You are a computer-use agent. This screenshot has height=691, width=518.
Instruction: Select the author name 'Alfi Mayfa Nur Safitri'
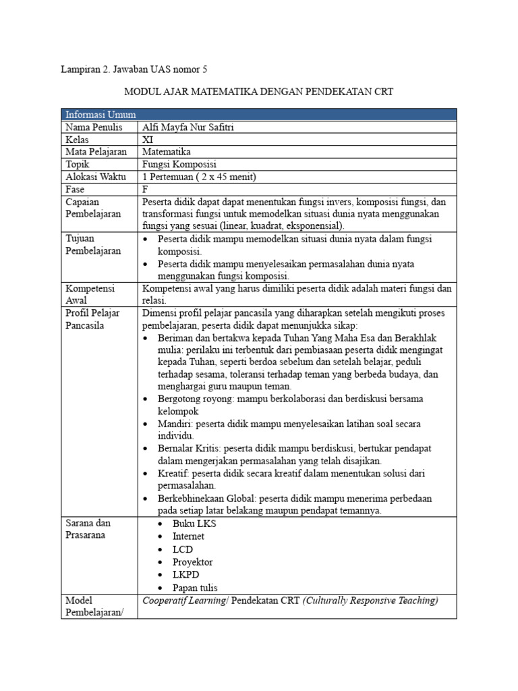(188, 127)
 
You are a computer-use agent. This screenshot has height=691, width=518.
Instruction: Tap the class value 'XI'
(148, 140)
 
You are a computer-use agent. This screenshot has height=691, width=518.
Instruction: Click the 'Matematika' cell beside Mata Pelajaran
(167, 152)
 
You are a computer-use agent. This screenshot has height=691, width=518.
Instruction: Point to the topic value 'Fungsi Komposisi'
(179, 165)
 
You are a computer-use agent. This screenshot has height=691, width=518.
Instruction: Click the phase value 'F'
(146, 190)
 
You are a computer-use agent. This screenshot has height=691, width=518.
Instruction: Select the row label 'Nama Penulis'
(94, 127)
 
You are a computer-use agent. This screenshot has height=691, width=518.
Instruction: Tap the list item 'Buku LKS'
(195, 524)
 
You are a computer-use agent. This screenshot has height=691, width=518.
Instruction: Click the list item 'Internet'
(188, 536)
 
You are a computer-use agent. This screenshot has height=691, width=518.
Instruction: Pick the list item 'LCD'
(183, 549)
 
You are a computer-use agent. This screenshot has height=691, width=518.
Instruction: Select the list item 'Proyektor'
(192, 562)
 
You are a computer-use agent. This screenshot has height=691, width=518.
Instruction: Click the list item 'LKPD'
(186, 575)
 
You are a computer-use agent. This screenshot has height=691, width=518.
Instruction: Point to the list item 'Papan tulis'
(195, 588)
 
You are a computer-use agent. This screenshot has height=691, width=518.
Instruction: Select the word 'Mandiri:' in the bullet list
(177, 423)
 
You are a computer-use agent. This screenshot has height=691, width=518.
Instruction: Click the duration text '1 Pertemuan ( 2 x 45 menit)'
(200, 177)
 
